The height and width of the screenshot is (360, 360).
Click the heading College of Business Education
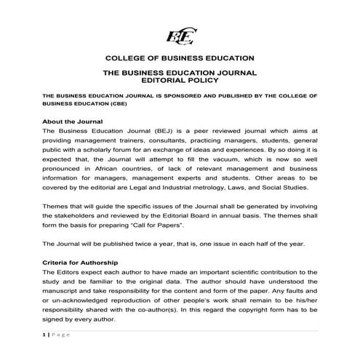pyautogui.click(x=179, y=57)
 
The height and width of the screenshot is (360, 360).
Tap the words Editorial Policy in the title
pyautogui.click(x=179, y=82)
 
